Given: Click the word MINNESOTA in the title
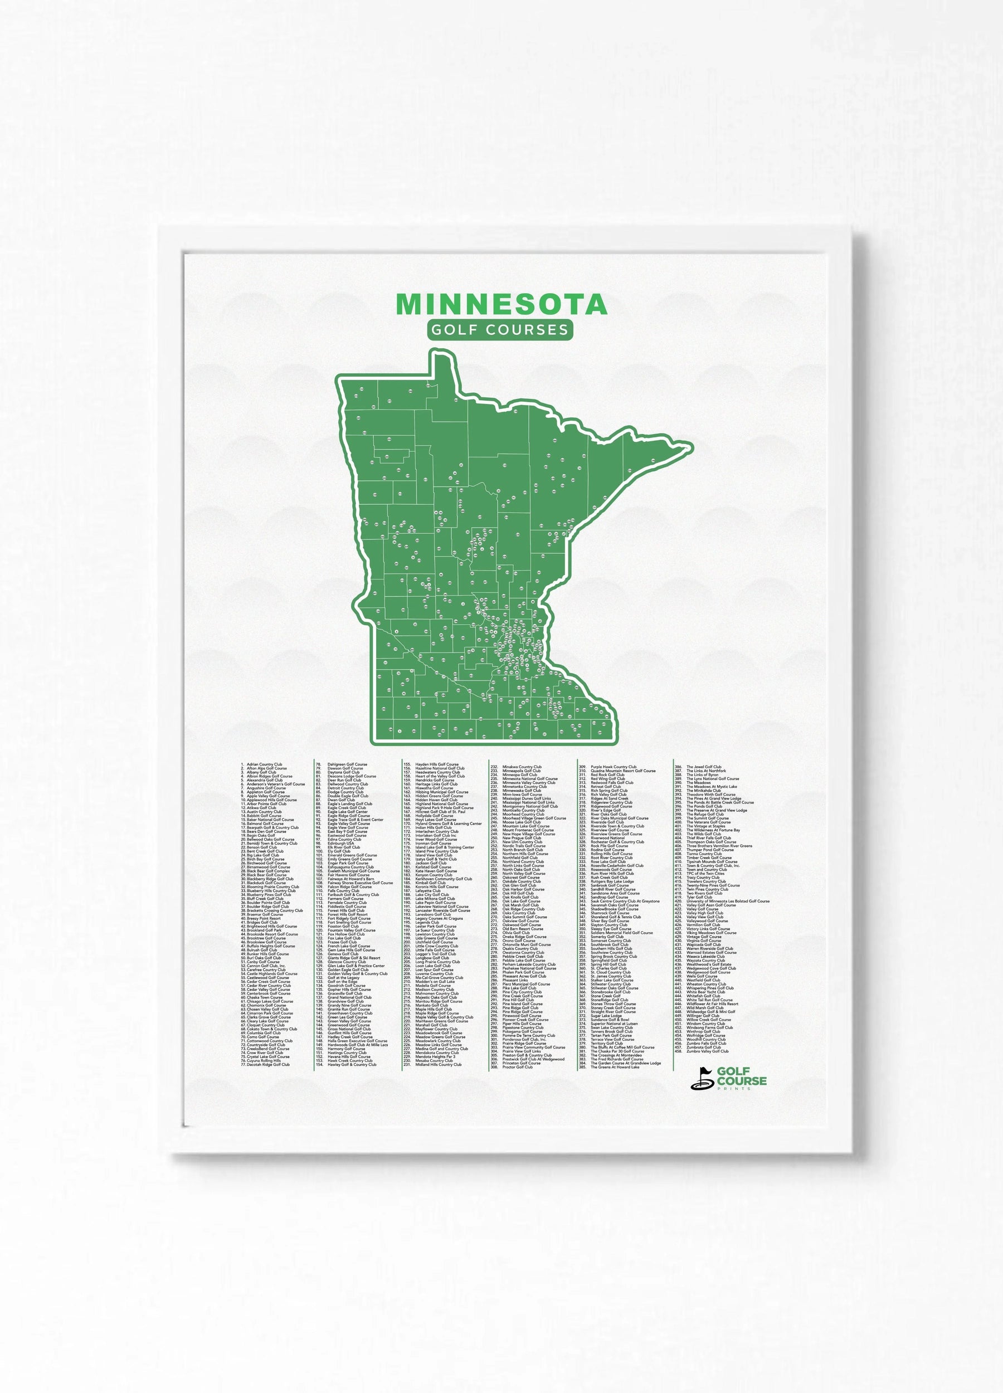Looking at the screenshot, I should click(501, 304).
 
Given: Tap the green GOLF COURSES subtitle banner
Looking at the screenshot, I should click(500, 329).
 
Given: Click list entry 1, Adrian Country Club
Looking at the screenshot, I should click(264, 764).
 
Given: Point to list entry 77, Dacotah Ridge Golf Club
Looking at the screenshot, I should click(268, 1064).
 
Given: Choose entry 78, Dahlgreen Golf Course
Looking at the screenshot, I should click(347, 764).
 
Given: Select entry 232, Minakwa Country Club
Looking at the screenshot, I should click(522, 767).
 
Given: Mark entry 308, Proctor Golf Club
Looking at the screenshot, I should click(517, 1067).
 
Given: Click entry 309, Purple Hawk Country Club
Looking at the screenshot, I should click(613, 767).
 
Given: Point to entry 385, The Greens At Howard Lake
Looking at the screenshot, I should click(614, 1067).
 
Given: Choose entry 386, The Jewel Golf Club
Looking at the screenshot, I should click(703, 767).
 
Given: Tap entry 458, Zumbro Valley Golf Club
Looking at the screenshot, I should click(707, 1051).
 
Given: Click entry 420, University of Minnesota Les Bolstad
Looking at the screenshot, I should click(727, 901).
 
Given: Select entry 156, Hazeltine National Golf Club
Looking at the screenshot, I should click(439, 768).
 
